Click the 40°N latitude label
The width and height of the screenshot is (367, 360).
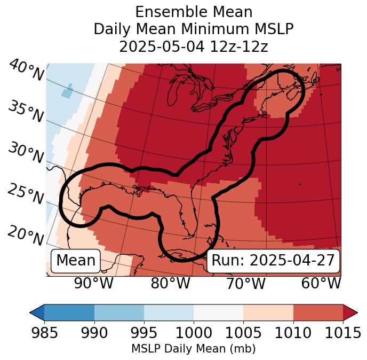tap(26, 71)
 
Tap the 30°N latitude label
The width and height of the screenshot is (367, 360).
tap(25, 153)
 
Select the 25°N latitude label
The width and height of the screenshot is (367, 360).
tap(25, 194)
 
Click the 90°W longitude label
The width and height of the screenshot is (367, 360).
tap(93, 283)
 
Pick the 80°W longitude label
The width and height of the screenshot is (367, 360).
tap(170, 283)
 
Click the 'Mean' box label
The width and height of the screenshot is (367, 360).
tap(76, 261)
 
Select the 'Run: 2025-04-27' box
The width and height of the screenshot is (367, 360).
tap(273, 261)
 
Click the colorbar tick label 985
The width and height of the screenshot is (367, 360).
tap(44, 333)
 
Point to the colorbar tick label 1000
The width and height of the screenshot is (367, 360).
tap(194, 333)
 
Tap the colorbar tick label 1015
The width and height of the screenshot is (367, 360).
tap(342, 333)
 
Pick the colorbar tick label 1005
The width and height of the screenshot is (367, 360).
tap(243, 333)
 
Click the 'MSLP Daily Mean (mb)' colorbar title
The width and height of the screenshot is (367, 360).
tap(194, 349)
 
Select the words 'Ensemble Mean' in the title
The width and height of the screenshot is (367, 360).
tap(194, 12)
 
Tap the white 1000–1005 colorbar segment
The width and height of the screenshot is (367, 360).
tap(218, 312)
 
